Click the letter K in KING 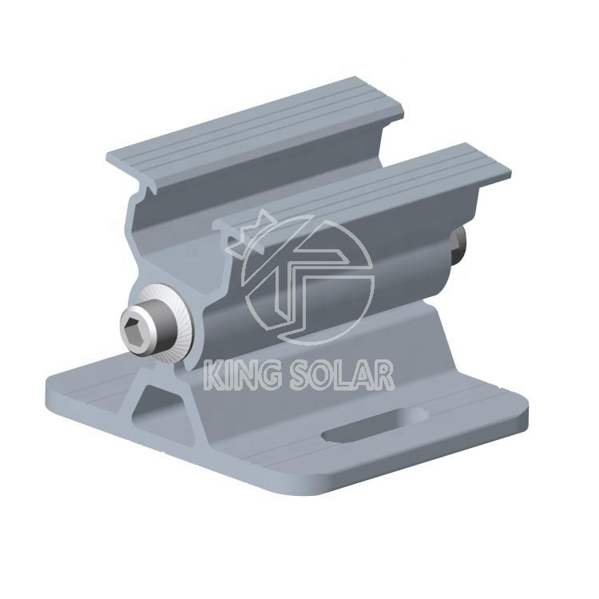pos(213,375)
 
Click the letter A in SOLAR pos(363,375)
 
